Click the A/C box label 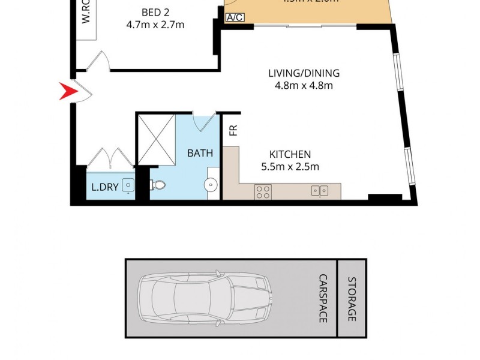[x=235, y=17]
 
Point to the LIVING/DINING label [x=304, y=73]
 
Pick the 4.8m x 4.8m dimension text [x=304, y=85]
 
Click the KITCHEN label [x=289, y=154]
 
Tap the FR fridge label [x=233, y=130]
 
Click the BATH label [x=200, y=153]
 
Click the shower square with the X [x=157, y=139]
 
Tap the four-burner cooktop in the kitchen [x=263, y=191]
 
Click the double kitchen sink [x=319, y=191]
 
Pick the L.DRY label [x=104, y=187]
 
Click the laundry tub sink [x=128, y=186]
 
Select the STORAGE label [x=352, y=298]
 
